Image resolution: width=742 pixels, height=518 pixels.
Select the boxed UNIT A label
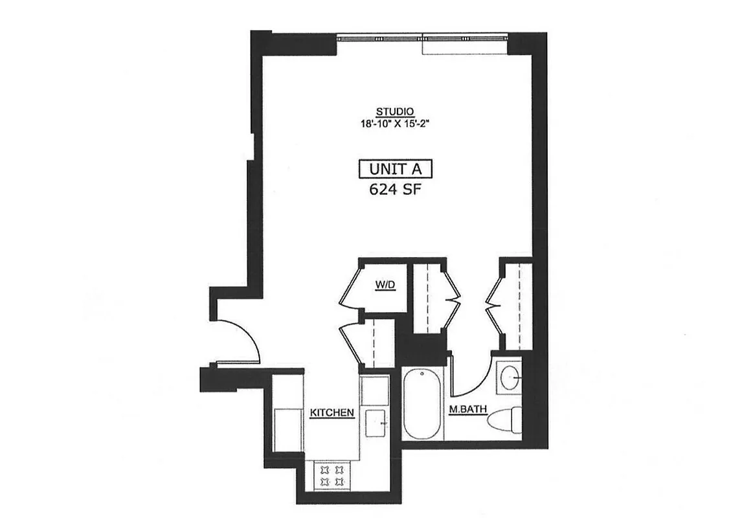click(x=395, y=169)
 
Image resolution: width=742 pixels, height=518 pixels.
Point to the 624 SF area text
click(x=395, y=189)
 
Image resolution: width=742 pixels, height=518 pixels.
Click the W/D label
click(x=382, y=284)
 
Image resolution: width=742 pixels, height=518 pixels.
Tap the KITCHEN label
click(x=332, y=412)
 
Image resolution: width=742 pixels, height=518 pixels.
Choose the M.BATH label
click(x=464, y=409)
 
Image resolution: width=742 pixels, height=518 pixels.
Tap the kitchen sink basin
click(x=375, y=424)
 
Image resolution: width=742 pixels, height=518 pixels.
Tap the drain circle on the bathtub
click(x=422, y=374)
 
